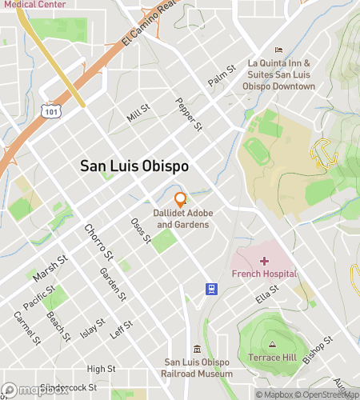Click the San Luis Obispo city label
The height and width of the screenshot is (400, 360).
pos(134,166)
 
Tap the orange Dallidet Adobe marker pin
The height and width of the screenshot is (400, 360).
pos(181,198)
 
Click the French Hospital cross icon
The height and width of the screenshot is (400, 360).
pos(264,261)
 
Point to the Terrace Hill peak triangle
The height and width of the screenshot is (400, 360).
pos(273,343)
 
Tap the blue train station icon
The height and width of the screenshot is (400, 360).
pos(210,289)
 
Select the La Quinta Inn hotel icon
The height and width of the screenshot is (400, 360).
pos(278,50)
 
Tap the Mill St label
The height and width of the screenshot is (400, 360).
pos(138,114)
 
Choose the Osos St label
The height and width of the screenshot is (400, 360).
pos(141,231)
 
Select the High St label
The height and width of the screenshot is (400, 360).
pos(101,369)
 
